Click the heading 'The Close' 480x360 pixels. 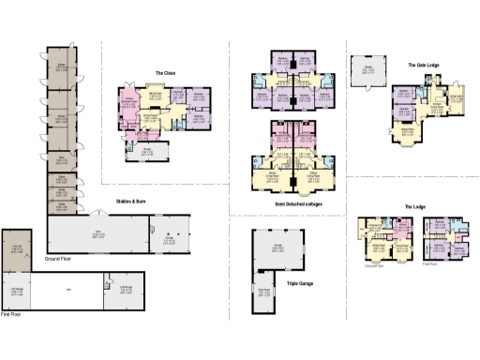[x=165, y=72]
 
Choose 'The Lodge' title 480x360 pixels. [x=415, y=206]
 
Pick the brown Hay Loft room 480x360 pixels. [x=17, y=249]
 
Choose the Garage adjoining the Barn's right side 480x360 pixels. [x=169, y=235]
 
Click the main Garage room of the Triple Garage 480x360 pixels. [x=277, y=250]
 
